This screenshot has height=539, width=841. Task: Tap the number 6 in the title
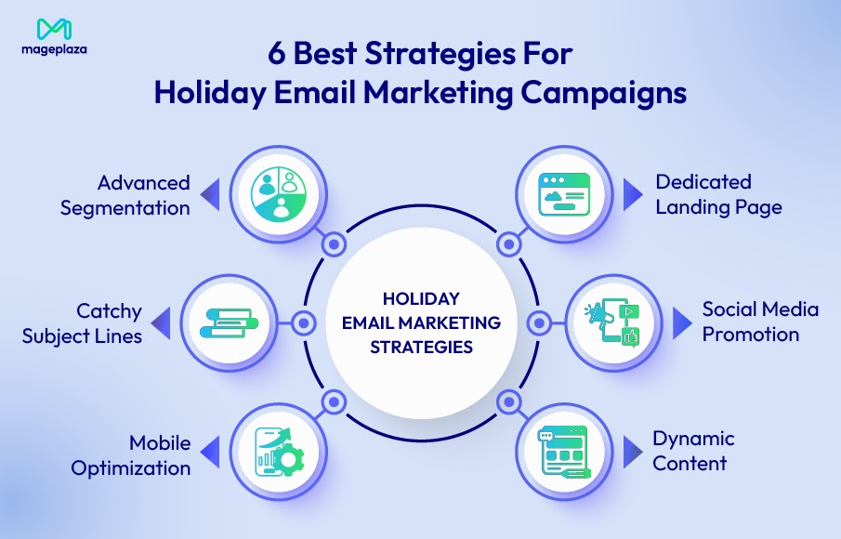tap(276, 53)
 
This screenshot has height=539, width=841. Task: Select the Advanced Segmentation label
tap(125, 195)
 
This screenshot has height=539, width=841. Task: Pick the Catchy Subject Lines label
tap(82, 322)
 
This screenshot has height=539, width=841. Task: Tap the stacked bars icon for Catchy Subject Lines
tap(229, 323)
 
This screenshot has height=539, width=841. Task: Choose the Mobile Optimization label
tap(131, 454)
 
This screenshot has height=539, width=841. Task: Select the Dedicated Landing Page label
tap(718, 194)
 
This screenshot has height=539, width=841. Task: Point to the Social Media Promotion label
tap(760, 322)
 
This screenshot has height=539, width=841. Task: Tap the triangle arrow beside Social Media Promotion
tap(681, 322)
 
